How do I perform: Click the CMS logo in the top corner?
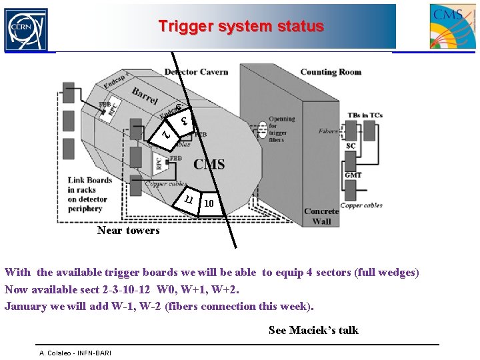(x=453, y=26)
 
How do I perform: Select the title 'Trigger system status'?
(x=241, y=27)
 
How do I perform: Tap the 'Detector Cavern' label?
(x=196, y=72)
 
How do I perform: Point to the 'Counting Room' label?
(x=331, y=72)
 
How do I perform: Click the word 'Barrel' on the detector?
(x=145, y=97)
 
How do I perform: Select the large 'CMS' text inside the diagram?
(x=209, y=164)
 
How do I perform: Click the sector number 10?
(x=209, y=203)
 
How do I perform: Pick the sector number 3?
(x=185, y=121)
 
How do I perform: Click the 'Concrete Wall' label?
(x=321, y=216)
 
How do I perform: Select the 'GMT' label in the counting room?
(x=353, y=175)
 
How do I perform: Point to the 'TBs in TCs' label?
(x=365, y=115)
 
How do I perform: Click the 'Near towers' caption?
(x=128, y=231)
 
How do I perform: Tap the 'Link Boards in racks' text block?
(x=89, y=194)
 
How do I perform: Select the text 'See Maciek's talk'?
(x=313, y=330)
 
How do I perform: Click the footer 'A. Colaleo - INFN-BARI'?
(x=75, y=353)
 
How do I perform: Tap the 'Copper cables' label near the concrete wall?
(x=361, y=205)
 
